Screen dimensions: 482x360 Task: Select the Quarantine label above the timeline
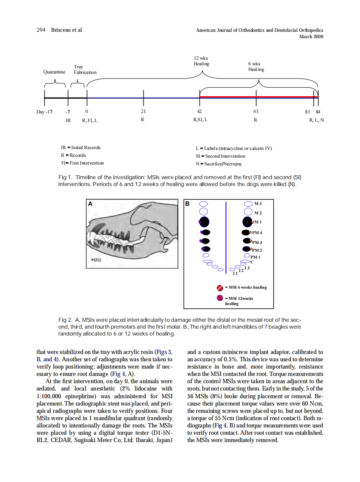pos(55,72)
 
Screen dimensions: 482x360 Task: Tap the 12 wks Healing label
pos(201,61)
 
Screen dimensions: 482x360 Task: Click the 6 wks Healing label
pos(256,67)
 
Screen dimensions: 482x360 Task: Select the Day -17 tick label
pos(44,112)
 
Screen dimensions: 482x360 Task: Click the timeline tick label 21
pos(143,112)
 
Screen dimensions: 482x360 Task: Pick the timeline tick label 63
pos(256,112)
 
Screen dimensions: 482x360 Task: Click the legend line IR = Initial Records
pos(80,147)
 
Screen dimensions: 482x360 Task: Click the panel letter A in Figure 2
pos(90,204)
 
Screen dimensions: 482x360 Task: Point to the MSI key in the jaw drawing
pos(96,260)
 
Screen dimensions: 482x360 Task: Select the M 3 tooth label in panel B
pos(258,203)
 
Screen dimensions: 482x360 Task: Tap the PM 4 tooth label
pos(257,232)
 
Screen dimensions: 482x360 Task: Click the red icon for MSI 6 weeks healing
pos(220,287)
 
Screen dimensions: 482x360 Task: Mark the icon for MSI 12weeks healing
pos(220,298)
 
